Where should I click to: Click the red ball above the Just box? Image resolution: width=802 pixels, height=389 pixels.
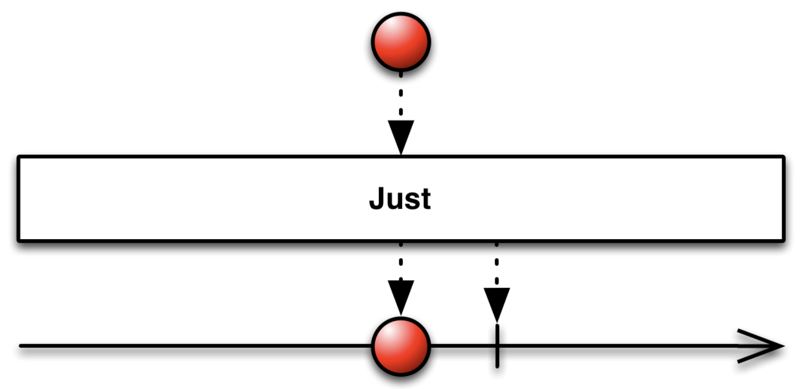tap(401, 41)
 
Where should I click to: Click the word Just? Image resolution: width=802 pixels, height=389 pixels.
tap(400, 199)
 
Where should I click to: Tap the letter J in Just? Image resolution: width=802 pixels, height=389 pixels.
tap(377, 199)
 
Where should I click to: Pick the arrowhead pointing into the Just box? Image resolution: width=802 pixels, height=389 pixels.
tap(401, 136)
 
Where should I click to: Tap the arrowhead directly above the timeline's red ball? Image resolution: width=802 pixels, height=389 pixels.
tap(401, 296)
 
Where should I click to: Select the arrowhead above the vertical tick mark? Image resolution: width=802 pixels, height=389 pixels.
tap(496, 303)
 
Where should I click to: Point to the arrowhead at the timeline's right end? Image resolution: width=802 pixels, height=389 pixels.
tap(764, 346)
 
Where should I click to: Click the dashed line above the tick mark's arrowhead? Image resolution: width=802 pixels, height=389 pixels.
tap(496, 264)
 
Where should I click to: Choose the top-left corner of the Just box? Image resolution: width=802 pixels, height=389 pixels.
tap(19, 158)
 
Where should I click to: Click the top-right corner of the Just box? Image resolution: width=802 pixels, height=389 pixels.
tap(783, 158)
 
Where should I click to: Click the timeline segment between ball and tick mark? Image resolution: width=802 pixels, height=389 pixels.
tap(463, 346)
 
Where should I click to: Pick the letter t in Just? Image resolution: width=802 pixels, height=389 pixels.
tap(425, 199)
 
